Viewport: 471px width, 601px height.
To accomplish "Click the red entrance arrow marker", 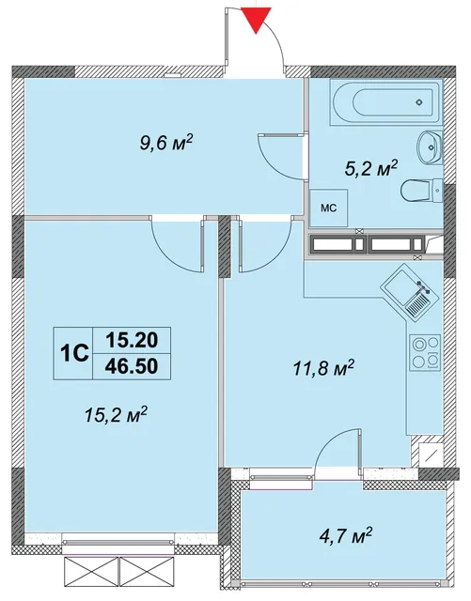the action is pyautogui.click(x=256, y=20).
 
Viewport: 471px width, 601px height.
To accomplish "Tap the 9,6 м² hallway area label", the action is pyautogui.click(x=165, y=144).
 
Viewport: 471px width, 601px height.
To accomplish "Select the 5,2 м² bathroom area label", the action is pyautogui.click(x=370, y=168).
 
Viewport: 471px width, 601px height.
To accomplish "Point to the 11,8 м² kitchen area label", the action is pyautogui.click(x=322, y=368).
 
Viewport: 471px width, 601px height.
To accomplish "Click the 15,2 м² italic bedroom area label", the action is pyautogui.click(x=117, y=415).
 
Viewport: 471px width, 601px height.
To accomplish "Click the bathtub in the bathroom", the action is pyautogui.click(x=385, y=102).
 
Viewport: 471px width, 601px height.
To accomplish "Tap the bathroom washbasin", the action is pyautogui.click(x=429, y=146).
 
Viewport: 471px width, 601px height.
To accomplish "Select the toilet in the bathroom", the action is pyautogui.click(x=421, y=190).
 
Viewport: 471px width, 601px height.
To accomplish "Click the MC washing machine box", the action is pyautogui.click(x=329, y=208).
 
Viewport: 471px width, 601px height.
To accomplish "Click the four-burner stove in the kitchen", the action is pyautogui.click(x=425, y=353).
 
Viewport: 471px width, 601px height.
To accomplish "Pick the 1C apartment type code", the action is pyautogui.click(x=73, y=353).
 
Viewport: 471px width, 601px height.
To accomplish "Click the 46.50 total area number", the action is pyautogui.click(x=132, y=367).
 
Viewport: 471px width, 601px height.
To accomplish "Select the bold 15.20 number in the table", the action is pyautogui.click(x=132, y=340).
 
